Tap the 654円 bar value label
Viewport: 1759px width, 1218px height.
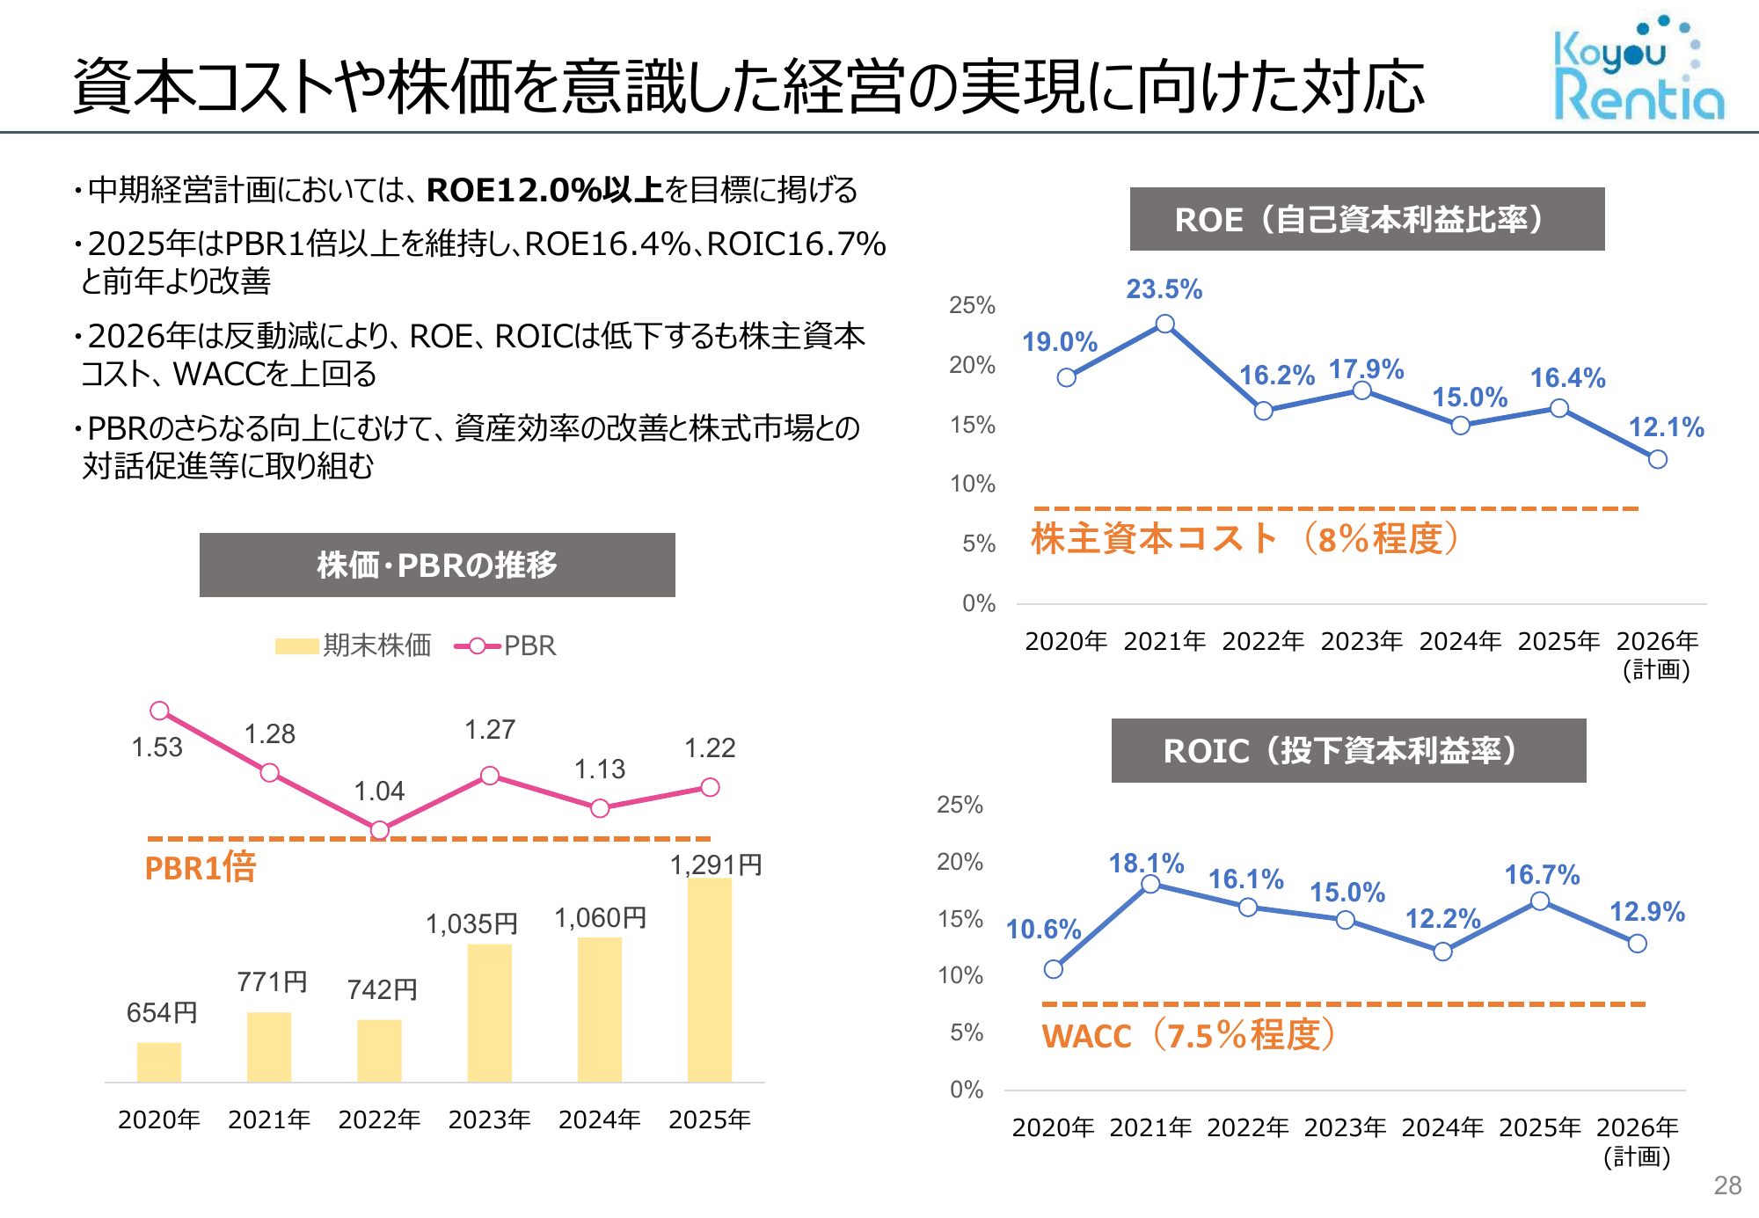tap(162, 1012)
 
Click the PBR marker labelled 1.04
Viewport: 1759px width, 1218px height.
tap(380, 830)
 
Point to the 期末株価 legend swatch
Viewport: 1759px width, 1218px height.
tap(296, 646)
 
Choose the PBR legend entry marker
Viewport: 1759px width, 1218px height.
tap(478, 646)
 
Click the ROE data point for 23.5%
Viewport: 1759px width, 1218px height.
tap(1164, 325)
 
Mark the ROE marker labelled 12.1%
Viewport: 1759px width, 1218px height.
tap(1657, 459)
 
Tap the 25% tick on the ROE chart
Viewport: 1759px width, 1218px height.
tap(972, 305)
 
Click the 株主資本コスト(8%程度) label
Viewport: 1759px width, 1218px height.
tap(1244, 539)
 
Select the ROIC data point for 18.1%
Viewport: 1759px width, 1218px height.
tap(1150, 885)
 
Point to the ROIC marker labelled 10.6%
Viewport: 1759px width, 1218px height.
tap(1054, 969)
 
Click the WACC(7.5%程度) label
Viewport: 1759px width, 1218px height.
tap(1189, 1035)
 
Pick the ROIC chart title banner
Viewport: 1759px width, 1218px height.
tap(1348, 751)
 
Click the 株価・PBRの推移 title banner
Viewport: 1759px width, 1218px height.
tap(437, 565)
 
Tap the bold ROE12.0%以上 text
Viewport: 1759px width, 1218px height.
tap(544, 190)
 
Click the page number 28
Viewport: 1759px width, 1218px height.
tap(1727, 1185)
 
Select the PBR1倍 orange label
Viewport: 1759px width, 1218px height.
tap(201, 868)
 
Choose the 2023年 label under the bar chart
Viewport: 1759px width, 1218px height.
tap(489, 1120)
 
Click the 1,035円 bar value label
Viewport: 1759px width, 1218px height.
tap(471, 923)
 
